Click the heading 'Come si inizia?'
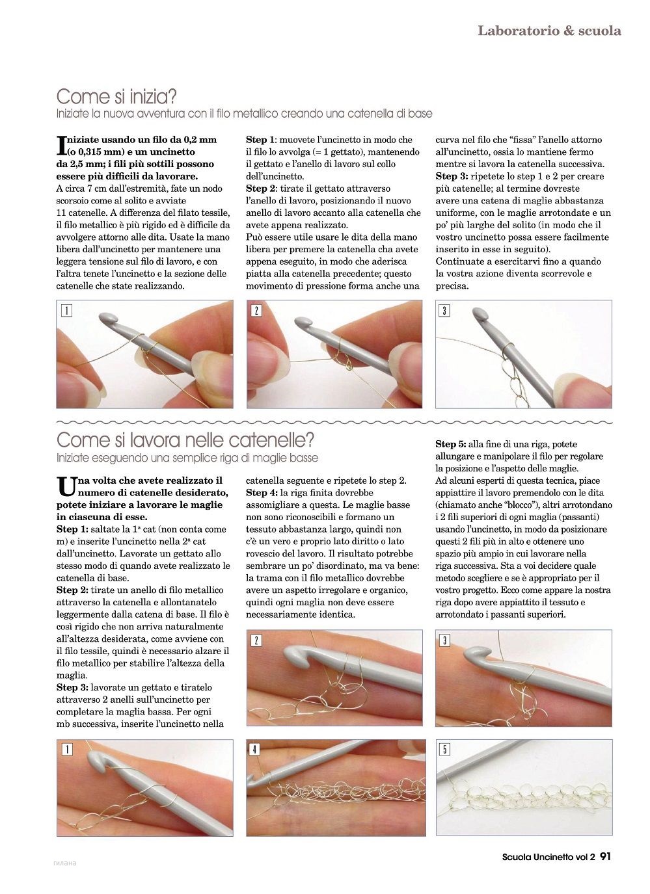point(116,97)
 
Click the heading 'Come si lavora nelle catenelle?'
point(185,440)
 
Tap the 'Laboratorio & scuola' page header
point(549,31)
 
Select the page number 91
point(605,856)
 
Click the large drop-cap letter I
point(61,146)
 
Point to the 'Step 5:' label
point(451,444)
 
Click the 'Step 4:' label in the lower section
point(262,493)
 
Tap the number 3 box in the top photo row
point(444,311)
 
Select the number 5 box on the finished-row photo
point(444,750)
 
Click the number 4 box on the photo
point(255,750)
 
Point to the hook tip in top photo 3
point(480,313)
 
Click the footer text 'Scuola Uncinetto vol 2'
point(548,856)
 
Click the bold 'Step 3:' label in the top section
point(452,176)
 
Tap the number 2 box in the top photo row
point(256,311)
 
